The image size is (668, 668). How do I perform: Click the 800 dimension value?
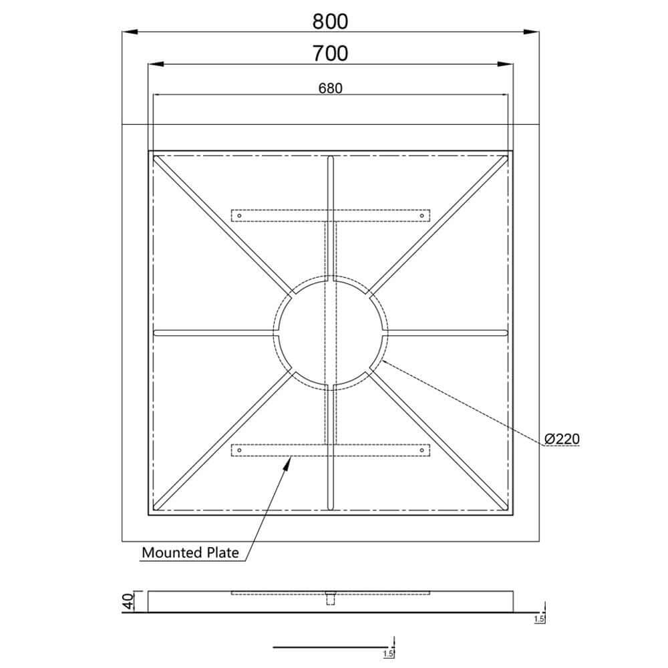pyautogui.click(x=331, y=21)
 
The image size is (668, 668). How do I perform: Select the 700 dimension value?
pyautogui.click(x=331, y=53)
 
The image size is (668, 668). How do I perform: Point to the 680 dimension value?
pyautogui.click(x=330, y=88)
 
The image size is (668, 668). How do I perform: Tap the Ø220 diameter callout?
pyautogui.click(x=561, y=439)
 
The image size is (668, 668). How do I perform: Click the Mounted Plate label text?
pyautogui.click(x=190, y=552)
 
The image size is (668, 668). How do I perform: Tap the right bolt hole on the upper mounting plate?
pyautogui.click(x=422, y=215)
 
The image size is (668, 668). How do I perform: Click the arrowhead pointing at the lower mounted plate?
pyautogui.click(x=289, y=462)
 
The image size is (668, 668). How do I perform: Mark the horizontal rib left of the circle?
pyautogui.click(x=214, y=332)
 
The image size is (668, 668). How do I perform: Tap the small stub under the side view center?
pyautogui.click(x=330, y=599)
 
